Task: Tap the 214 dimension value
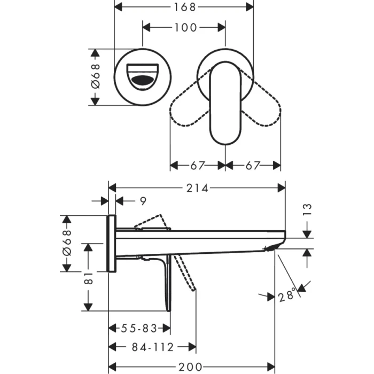coord(197,188)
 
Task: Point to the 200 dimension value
coord(191,367)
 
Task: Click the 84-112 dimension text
coord(153,347)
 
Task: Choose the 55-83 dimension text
coord(139,328)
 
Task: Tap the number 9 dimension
coord(142,201)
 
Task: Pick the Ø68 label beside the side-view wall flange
coord(67,243)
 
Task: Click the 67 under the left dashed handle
coord(197,166)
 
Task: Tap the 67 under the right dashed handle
coord(252,166)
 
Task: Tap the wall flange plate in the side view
coord(112,243)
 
